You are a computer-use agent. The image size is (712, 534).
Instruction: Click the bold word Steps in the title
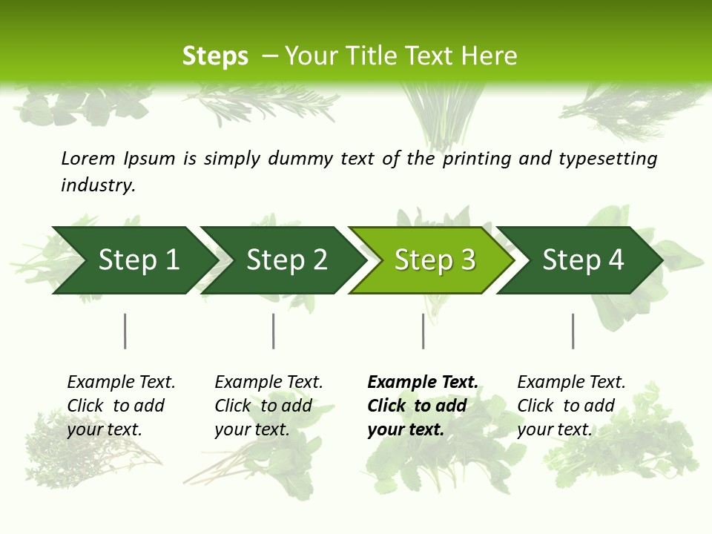[215, 56]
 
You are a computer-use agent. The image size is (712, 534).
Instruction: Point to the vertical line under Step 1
[125, 331]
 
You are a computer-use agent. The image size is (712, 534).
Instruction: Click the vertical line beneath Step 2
[274, 331]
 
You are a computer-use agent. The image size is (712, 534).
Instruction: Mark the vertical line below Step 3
[423, 331]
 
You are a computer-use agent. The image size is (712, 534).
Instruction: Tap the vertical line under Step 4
[573, 331]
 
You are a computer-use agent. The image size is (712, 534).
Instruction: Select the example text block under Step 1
[121, 405]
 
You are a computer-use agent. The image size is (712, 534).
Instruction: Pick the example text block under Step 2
[268, 405]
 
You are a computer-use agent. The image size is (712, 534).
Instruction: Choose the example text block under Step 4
[571, 405]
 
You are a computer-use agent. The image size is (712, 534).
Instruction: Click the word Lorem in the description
[88, 158]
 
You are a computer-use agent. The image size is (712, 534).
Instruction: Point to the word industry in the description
[98, 185]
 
